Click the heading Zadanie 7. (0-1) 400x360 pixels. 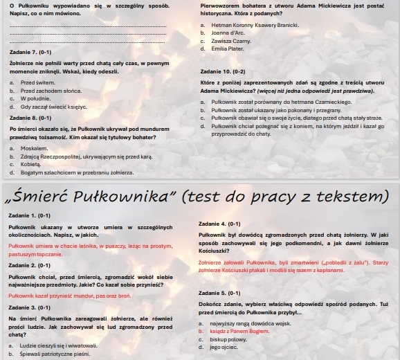[30, 53]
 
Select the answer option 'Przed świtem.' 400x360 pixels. [37, 82]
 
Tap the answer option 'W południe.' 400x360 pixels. [37, 98]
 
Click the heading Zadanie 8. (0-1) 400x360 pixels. [30, 118]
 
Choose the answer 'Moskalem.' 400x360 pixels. [35, 148]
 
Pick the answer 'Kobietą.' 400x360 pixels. [33, 165]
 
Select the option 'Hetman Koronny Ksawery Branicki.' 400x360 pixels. [255, 25]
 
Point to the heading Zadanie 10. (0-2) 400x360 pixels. [222, 72]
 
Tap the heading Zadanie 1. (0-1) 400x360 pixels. [30, 216]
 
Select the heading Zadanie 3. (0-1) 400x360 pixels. [30, 307]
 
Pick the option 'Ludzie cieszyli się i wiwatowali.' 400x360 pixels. [59, 345]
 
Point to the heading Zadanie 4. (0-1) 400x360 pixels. [219, 224]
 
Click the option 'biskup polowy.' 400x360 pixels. [229, 339]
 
